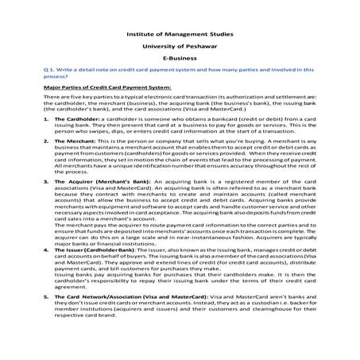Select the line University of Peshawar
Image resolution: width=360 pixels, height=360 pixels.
pyautogui.click(x=180, y=46)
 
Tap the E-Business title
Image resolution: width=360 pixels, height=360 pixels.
pyautogui.click(x=180, y=59)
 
